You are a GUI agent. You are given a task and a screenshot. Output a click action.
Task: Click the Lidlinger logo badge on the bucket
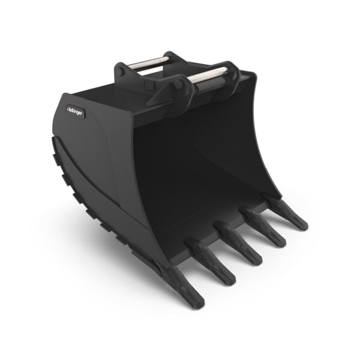tap(77, 110)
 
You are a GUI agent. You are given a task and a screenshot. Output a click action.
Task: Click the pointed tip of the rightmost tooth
tap(304, 227)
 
